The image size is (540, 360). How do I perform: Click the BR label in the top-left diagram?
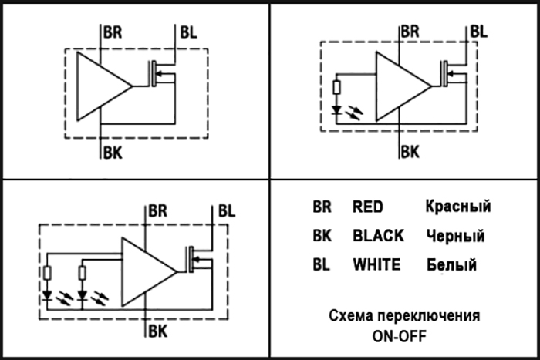pyautogui.click(x=113, y=32)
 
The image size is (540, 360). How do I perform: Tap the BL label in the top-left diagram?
pyautogui.click(x=188, y=32)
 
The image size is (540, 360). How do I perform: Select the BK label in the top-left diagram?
pyautogui.click(x=113, y=153)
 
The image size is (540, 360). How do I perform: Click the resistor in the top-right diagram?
pyautogui.click(x=337, y=87)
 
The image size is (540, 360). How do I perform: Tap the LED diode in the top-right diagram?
pyautogui.click(x=336, y=110)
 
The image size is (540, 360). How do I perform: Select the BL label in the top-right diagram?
pyautogui.click(x=479, y=32)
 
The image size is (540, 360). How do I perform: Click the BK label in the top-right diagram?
pyautogui.click(x=410, y=152)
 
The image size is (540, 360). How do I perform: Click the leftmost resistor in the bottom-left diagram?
pyautogui.click(x=48, y=273)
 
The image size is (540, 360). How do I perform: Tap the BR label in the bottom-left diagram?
pyautogui.click(x=157, y=211)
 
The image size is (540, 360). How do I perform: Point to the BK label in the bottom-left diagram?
pyautogui.click(x=157, y=331)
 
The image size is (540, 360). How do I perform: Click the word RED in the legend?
pyautogui.click(x=368, y=207)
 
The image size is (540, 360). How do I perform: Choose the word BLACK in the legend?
pyautogui.click(x=378, y=236)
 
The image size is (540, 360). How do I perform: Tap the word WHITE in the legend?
pyautogui.click(x=376, y=264)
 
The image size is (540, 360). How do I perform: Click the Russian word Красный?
pyautogui.click(x=458, y=206)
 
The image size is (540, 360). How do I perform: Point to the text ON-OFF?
pyautogui.click(x=399, y=336)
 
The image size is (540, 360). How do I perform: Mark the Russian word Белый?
pyautogui.click(x=451, y=264)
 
